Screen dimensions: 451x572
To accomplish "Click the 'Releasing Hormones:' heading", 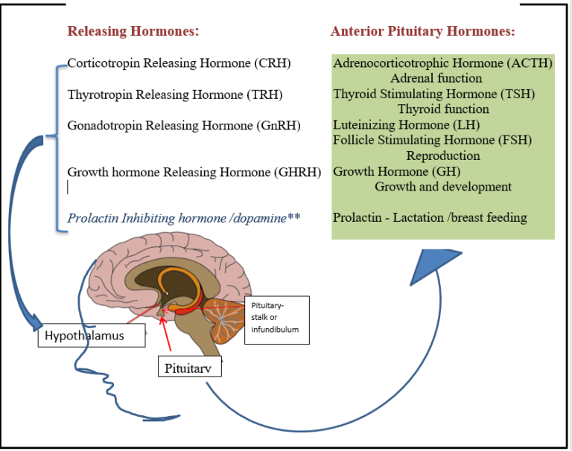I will pos(133,31).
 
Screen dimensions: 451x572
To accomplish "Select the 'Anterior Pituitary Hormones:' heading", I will pos(423,31).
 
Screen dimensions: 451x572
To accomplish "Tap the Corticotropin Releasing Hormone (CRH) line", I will pos(179,63).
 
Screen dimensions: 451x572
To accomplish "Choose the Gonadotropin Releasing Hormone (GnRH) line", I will pos(184,125).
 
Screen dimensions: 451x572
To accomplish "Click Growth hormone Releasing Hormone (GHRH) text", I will pos(194,172).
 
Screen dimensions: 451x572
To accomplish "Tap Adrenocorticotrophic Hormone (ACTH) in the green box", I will pos(442,63).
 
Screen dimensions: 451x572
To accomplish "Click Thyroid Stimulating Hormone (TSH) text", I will pos(433,94).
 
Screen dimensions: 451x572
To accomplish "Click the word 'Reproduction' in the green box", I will pos(442,156).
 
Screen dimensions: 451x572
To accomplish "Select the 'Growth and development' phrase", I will pos(442,187).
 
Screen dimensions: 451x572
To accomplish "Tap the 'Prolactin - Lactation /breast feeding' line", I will pos(430,218).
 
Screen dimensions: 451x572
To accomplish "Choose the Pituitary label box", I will pos(189,367).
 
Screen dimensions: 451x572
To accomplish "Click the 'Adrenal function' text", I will pos(436,78).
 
